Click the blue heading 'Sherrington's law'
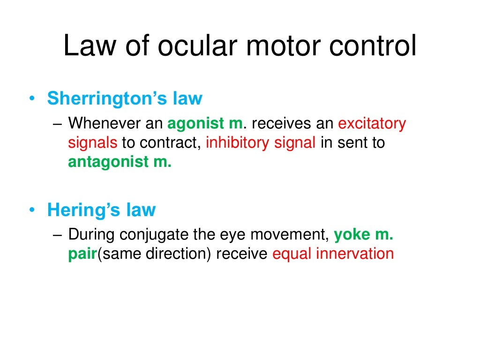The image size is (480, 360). pos(125,98)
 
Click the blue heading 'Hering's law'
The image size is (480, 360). pos(101,210)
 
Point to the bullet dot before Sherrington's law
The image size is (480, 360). pos(31,99)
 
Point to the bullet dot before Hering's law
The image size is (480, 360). pos(31,210)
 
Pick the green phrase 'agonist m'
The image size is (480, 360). pos(205,124)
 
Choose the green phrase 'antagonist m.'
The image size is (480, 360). pos(120,162)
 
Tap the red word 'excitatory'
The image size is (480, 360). pos(372,124)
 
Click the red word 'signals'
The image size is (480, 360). pos(93,142)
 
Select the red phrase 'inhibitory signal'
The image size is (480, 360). pos(260,142)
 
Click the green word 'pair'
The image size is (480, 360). pos(82,254)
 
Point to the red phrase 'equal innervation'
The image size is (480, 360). pos(333,254)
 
